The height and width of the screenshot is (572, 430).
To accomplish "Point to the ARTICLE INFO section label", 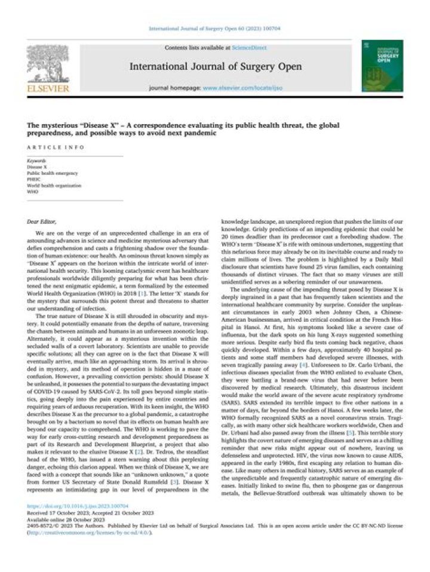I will tap(47, 146).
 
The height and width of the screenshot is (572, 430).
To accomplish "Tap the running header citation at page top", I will tap(214, 27).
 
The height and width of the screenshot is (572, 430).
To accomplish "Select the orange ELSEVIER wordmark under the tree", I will tap(48, 89).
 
